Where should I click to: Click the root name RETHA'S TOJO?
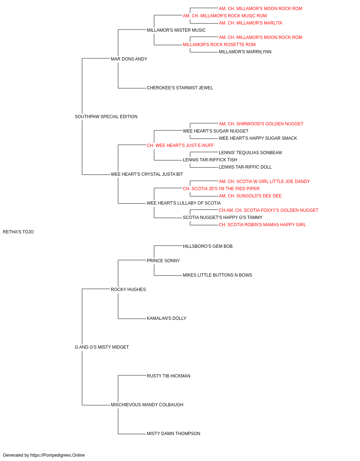click(18, 232)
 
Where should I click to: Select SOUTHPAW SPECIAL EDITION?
click(106, 117)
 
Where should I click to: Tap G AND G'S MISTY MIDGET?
click(102, 347)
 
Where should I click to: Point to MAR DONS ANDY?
click(129, 59)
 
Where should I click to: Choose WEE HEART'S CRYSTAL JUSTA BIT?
click(147, 174)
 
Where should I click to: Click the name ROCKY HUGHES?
click(128, 290)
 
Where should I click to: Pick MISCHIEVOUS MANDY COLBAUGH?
click(147, 405)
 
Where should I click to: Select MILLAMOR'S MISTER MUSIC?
click(176, 30)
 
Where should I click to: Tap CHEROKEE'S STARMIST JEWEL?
click(180, 88)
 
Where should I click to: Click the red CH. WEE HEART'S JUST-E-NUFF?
click(180, 146)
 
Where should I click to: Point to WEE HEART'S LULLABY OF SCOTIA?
click(184, 203)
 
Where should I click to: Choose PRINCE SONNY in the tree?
click(163, 261)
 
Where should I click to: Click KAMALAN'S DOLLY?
click(166, 318)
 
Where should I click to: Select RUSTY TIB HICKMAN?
click(168, 376)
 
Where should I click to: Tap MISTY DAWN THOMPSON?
click(174, 434)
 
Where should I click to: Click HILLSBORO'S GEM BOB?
click(208, 246)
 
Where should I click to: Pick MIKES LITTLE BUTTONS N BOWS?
click(217, 275)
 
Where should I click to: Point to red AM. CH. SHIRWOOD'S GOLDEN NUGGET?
click(261, 124)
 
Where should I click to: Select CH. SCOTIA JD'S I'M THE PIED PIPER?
click(221, 189)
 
